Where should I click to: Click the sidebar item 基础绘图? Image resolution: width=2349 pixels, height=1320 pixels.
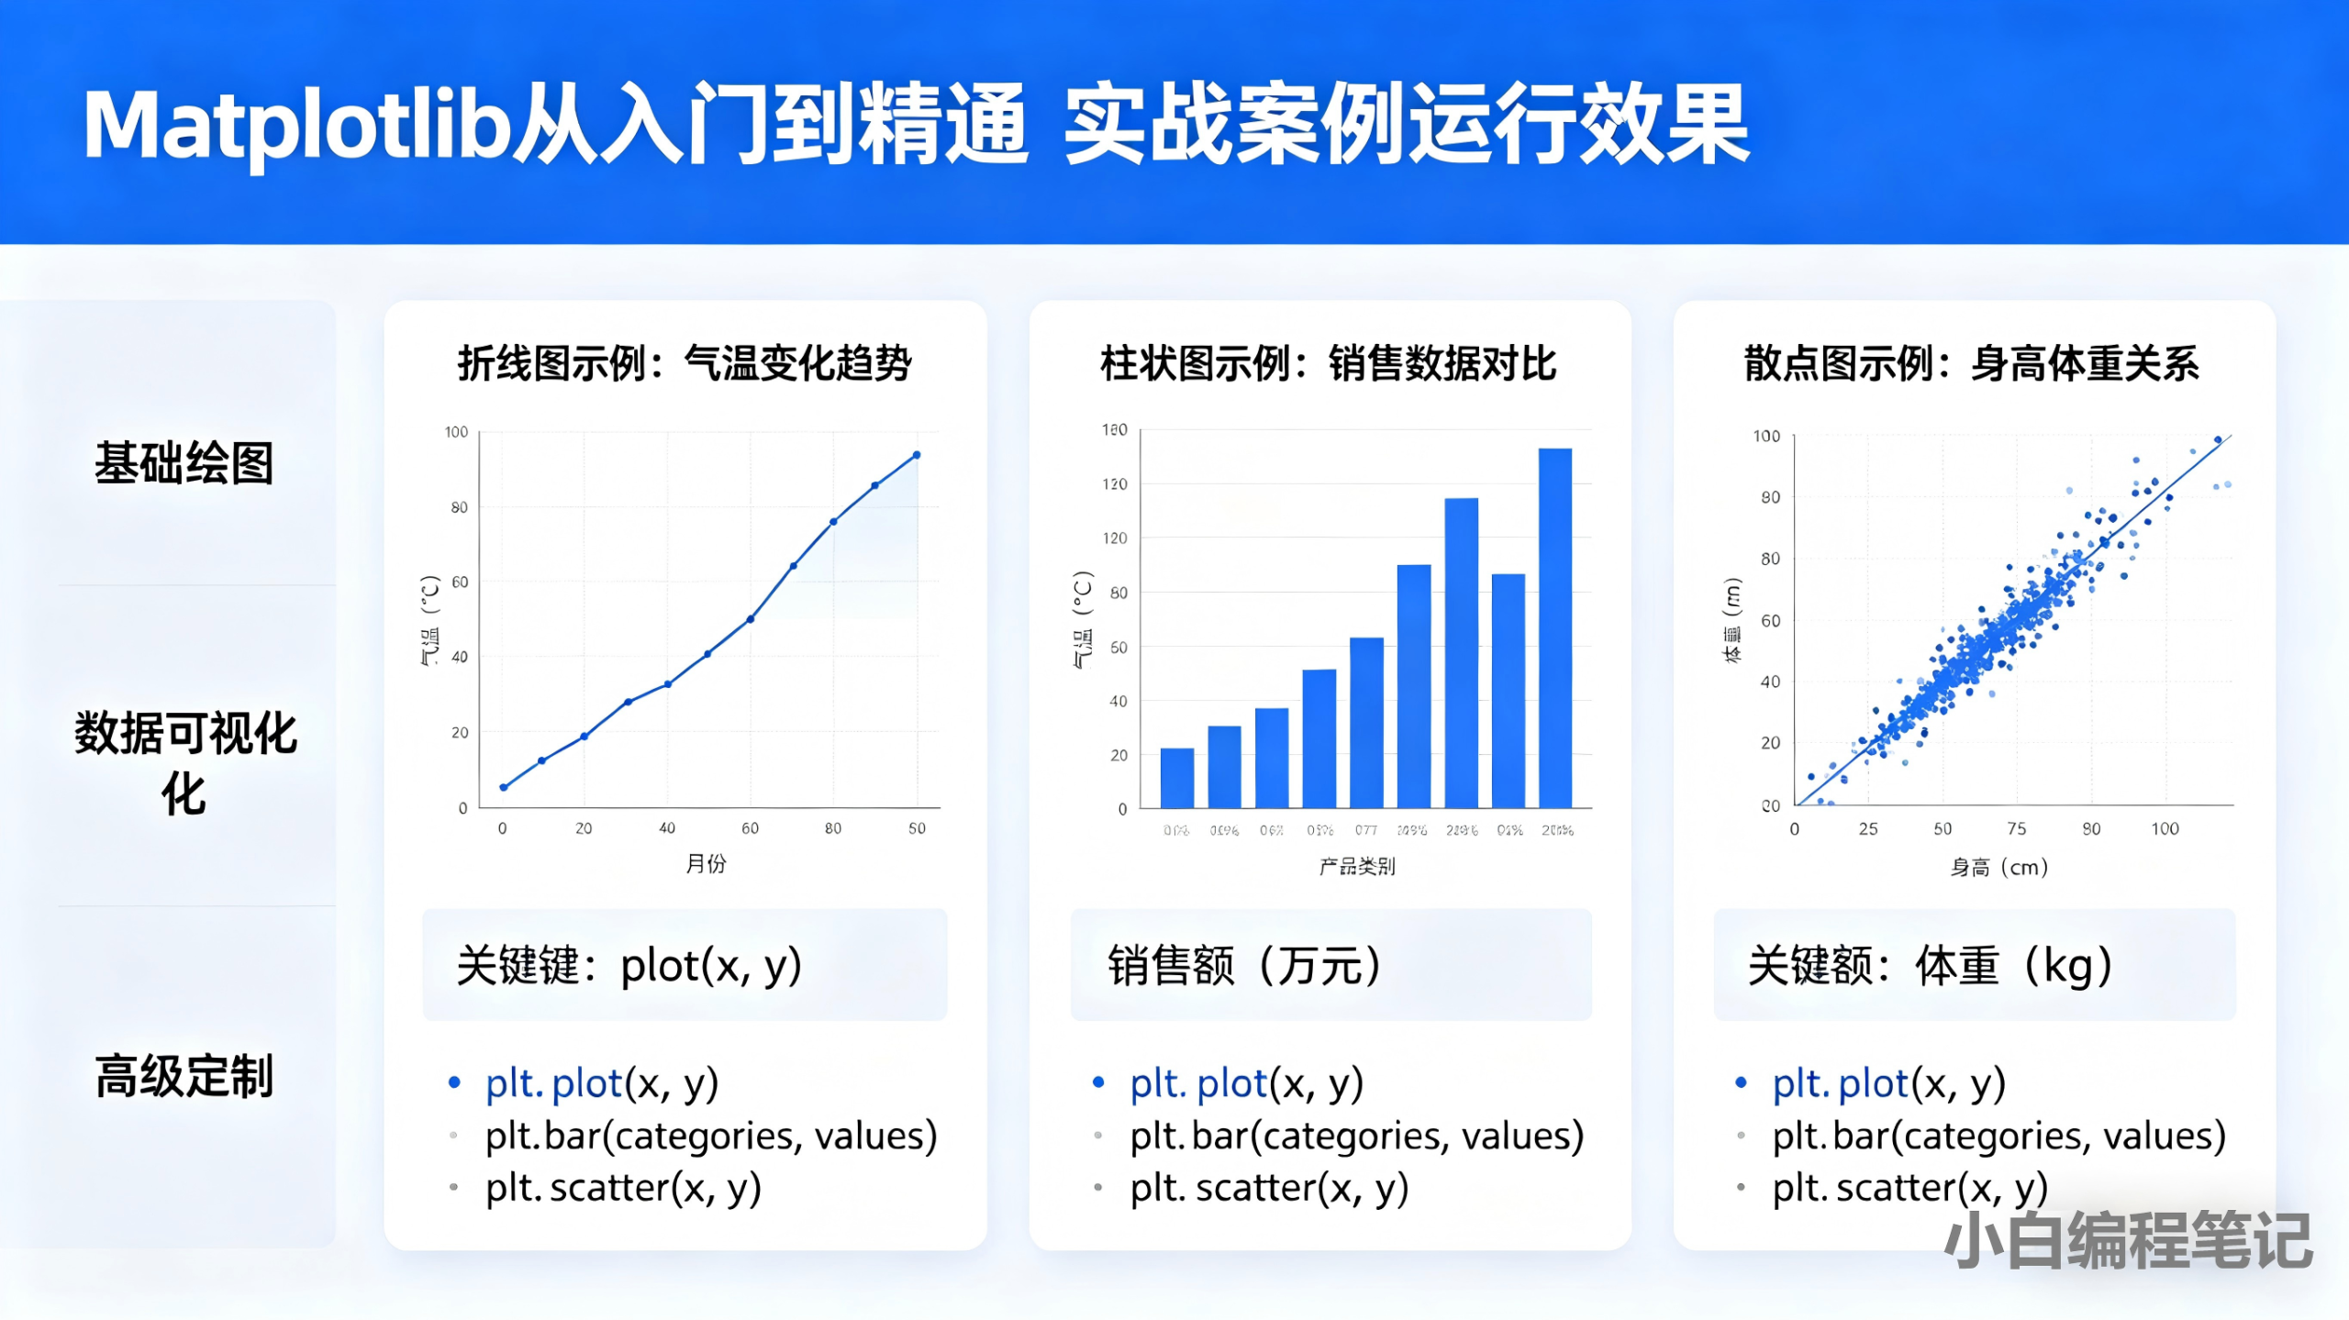[184, 463]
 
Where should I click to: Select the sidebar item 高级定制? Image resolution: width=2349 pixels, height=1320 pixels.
[184, 1077]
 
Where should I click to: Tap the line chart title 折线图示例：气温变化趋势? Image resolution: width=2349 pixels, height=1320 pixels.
[685, 364]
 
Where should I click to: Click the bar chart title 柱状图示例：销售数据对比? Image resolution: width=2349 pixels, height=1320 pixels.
[1329, 364]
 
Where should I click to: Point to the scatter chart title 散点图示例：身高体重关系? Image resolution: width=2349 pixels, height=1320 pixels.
[1972, 364]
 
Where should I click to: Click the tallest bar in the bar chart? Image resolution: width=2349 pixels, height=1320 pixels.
[1555, 627]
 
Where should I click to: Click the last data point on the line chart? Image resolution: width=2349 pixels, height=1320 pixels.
[917, 455]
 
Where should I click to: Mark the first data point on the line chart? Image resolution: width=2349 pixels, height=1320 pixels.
[503, 787]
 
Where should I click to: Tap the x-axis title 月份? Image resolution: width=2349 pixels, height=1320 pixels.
[706, 864]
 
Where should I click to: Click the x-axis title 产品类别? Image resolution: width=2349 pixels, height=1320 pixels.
[1357, 867]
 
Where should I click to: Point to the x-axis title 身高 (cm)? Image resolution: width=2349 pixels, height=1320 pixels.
[1999, 868]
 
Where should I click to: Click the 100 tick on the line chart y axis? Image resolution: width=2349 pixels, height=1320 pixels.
[456, 432]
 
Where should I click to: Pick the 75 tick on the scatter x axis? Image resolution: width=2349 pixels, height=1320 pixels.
[2016, 829]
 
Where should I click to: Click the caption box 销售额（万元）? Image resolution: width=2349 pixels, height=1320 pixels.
[1330, 966]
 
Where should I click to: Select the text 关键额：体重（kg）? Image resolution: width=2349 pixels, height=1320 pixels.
[1931, 966]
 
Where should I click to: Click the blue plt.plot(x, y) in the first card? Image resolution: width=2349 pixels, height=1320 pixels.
[601, 1084]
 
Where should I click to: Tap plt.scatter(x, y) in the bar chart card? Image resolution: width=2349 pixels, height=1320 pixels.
[1269, 1189]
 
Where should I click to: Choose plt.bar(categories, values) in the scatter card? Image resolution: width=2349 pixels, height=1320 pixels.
[1998, 1137]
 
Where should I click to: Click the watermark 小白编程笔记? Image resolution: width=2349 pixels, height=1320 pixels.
[2128, 1241]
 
